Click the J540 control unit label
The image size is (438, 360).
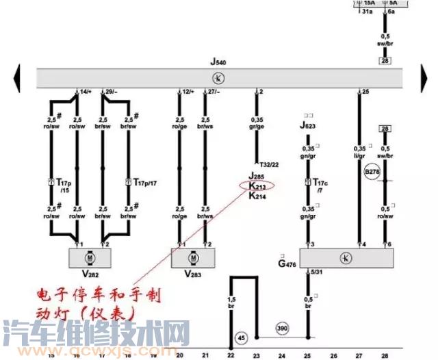[218, 62]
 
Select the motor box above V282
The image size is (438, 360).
[89, 257]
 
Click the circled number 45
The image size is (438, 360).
[241, 337]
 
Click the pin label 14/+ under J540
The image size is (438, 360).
[86, 91]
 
